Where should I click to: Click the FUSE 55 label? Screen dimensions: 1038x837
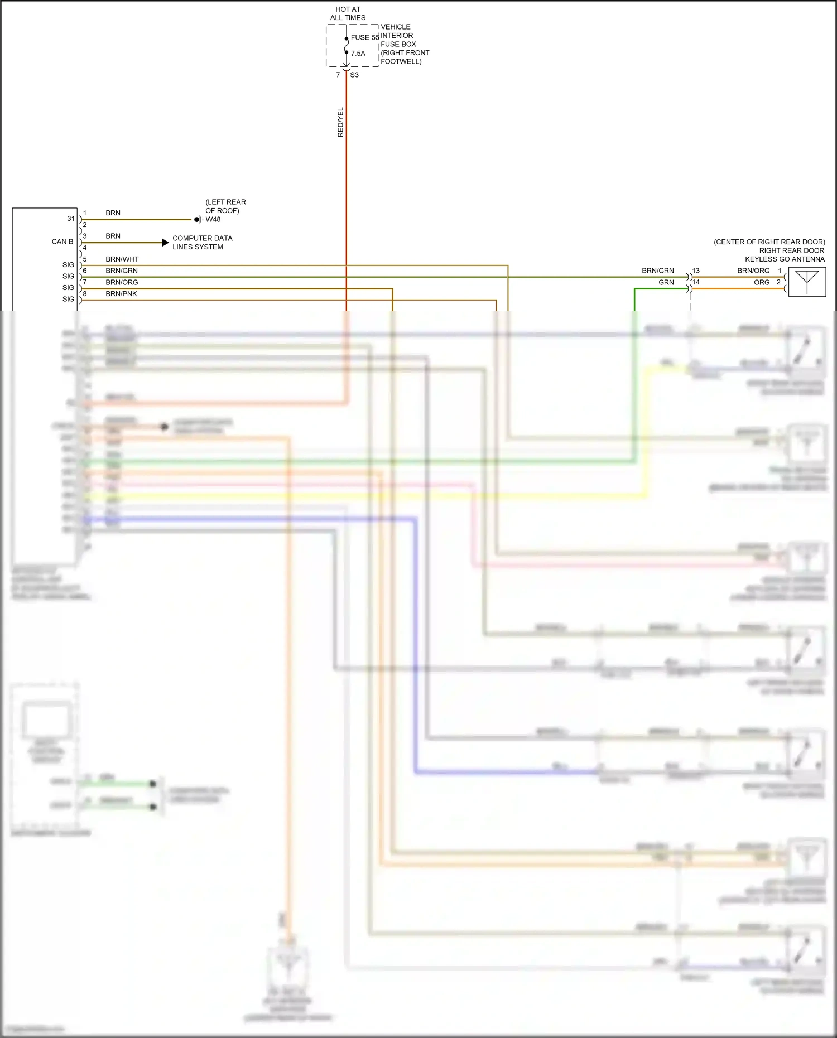coord(364,37)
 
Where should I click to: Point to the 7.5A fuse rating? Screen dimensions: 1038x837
coord(358,54)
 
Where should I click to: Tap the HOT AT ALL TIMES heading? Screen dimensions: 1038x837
coord(348,13)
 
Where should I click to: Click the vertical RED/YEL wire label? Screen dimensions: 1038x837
coord(340,122)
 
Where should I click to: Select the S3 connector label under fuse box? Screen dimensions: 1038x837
coord(354,75)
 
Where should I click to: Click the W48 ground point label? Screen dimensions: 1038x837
coord(213,219)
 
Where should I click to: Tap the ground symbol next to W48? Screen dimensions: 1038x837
coord(198,220)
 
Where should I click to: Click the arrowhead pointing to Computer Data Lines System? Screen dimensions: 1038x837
coord(165,243)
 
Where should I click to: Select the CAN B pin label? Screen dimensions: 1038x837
coord(62,242)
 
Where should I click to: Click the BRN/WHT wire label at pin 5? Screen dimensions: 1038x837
coord(122,259)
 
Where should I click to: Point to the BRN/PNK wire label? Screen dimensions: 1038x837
coord(121,294)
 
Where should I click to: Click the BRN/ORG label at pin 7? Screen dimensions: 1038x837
coord(122,282)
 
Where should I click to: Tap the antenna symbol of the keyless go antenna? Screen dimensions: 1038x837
coord(807,282)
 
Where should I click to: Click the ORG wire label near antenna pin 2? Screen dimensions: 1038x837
coord(761,283)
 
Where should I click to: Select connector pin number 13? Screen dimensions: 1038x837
coord(696,271)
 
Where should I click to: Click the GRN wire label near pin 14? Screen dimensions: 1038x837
coord(666,283)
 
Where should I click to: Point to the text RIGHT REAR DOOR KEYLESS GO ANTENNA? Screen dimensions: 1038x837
coord(785,255)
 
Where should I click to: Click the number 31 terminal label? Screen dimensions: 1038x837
coord(71,219)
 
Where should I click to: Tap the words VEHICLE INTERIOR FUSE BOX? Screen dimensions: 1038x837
coord(398,36)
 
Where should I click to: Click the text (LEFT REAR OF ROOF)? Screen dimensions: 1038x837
coord(225,206)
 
